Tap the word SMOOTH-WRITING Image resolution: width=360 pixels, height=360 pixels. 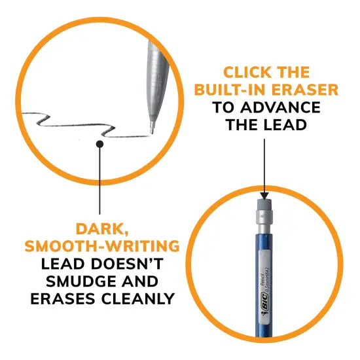(102, 246)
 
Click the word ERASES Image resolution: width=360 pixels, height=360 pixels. (62, 298)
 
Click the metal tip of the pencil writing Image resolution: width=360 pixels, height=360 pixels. (153, 124)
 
